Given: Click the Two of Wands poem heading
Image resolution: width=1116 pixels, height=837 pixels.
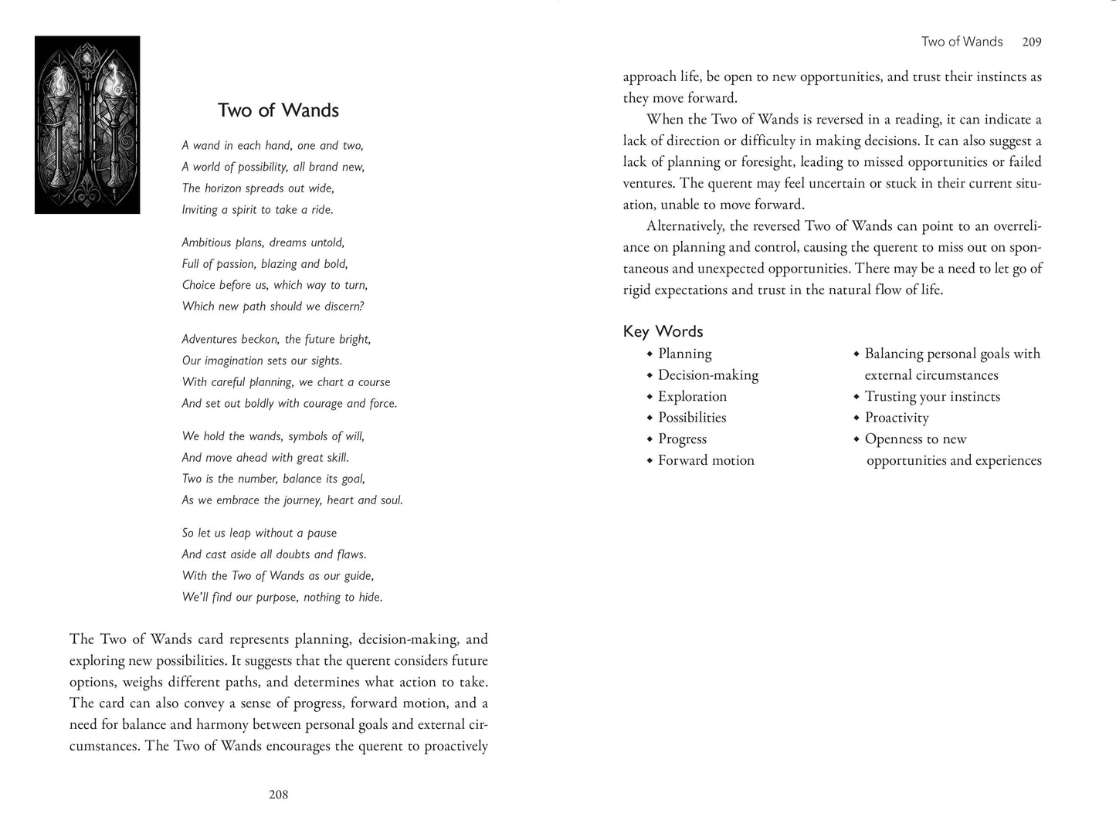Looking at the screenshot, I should coord(278,110).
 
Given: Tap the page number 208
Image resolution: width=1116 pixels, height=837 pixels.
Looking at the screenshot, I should coord(278,795).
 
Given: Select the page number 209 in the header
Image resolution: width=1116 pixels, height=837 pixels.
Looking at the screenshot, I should coord(1032,42).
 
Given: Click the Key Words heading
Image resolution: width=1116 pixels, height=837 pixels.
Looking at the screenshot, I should coord(663,331).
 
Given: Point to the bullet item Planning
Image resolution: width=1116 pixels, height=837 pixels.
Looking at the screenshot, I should coord(684,354).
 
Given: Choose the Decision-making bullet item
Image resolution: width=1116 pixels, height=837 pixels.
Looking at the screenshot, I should coord(707,375).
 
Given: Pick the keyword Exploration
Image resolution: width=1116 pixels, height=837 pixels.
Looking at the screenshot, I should coord(692,396).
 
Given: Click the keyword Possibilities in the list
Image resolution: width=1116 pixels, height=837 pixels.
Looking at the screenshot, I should coord(692,418).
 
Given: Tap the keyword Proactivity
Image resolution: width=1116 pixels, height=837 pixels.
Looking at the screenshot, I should coord(896,418).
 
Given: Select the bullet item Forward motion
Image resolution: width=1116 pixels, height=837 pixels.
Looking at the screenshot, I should coord(706,460).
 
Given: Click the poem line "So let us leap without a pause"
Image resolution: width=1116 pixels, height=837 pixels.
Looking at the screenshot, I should coord(259,533).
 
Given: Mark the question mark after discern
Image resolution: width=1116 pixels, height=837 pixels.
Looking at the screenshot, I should coord(361,307).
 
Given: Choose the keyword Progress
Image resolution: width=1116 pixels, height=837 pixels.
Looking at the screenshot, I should coord(682,439).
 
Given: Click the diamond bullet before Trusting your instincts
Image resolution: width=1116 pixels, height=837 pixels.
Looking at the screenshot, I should coord(857,397).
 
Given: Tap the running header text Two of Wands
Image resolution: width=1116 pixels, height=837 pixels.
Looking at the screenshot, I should coord(962,42).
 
